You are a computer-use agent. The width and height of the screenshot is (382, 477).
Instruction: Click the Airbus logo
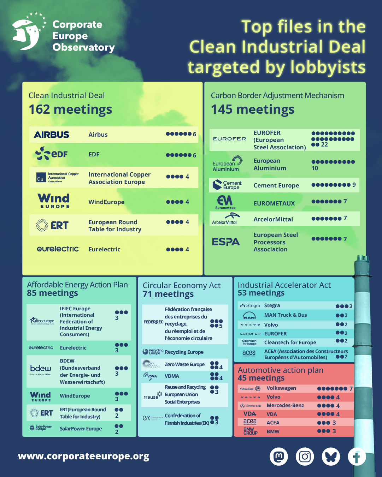[52, 135]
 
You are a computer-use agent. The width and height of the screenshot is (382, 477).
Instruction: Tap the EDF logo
[52, 154]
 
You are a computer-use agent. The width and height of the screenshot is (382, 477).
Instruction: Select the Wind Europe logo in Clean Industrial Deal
[54, 201]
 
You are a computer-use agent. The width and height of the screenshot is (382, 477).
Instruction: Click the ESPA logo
[226, 242]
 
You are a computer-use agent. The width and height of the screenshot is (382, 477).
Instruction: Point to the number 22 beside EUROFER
[324, 145]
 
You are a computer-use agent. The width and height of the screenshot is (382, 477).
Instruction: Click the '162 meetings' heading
[70, 109]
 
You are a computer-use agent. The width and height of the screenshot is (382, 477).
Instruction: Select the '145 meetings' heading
[253, 109]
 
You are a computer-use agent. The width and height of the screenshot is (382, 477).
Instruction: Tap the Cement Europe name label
[276, 185]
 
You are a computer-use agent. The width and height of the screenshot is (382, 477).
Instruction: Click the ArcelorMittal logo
[225, 219]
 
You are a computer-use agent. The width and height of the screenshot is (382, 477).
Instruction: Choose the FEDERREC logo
[153, 322]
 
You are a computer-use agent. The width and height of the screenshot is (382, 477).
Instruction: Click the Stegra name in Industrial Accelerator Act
[272, 305]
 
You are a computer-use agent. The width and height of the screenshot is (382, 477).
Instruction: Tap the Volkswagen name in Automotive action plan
[281, 388]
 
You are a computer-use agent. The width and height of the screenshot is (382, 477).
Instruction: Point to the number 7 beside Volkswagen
[351, 389]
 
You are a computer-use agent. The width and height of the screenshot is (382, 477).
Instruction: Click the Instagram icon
[305, 457]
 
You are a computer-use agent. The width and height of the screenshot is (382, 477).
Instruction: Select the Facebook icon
[357, 457]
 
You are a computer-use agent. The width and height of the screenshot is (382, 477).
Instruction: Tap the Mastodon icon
[279, 457]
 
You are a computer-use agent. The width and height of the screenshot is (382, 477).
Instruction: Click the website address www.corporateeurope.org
[84, 456]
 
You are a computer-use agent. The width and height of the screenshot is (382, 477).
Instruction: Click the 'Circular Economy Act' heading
[182, 285]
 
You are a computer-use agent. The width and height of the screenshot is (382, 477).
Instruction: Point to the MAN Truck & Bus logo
[249, 315]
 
